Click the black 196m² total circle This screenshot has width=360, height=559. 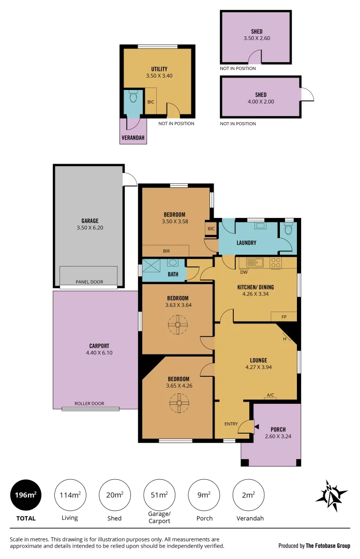pos(26,495)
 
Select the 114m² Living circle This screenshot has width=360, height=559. pos(69,495)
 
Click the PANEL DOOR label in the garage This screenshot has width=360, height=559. pos(89,282)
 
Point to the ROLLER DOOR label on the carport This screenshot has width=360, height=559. pos(89,403)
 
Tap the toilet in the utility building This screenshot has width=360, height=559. pos(133,97)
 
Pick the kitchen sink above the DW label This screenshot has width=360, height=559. pos(254,262)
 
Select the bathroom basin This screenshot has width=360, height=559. pos(173,262)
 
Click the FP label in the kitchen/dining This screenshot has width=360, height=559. pos(284,316)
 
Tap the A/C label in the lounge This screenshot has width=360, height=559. pos(270,395)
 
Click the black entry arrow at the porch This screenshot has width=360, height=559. pos(257,425)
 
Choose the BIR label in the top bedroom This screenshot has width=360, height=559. pos(166,251)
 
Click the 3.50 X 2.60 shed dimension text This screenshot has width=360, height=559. pos(257,38)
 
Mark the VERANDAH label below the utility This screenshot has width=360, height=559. pos(133,138)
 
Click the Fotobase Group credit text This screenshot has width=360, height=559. pos(314,546)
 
